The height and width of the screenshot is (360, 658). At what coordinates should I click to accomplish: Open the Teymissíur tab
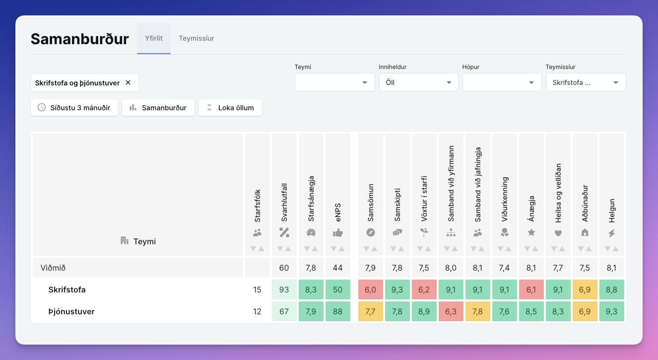[x=196, y=38]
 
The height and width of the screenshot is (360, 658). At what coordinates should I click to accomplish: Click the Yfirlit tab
[x=154, y=38]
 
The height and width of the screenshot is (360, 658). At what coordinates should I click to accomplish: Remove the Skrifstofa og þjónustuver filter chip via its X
[x=128, y=82]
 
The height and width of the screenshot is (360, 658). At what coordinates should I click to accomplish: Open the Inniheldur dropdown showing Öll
[x=419, y=82]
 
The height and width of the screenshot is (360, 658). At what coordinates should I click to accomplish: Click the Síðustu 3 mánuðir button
[x=74, y=108]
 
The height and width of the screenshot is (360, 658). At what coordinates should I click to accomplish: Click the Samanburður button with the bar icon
[x=158, y=108]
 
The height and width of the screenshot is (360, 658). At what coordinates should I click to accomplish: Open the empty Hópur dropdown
[x=502, y=82]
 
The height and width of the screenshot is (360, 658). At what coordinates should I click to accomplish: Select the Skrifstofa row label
[x=67, y=289]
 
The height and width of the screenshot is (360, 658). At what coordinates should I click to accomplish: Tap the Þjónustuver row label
[x=71, y=311]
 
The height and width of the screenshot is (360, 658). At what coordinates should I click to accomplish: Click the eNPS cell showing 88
[x=338, y=311]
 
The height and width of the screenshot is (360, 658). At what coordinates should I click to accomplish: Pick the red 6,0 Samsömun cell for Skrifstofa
[x=370, y=289]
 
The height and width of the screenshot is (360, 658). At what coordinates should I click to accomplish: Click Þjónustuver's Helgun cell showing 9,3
[x=611, y=311]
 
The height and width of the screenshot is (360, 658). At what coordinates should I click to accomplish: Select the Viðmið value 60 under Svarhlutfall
[x=284, y=268]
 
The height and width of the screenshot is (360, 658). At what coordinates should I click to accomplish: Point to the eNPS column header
[x=338, y=212]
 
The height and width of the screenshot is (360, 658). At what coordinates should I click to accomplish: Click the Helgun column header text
[x=612, y=211]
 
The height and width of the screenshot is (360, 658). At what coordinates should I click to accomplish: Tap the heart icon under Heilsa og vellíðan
[x=558, y=233]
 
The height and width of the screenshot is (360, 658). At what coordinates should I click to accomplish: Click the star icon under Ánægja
[x=531, y=233]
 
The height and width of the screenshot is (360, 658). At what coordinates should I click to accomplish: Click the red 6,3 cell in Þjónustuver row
[x=451, y=311]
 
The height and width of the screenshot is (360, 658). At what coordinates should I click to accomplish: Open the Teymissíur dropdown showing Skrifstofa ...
[x=586, y=82]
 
